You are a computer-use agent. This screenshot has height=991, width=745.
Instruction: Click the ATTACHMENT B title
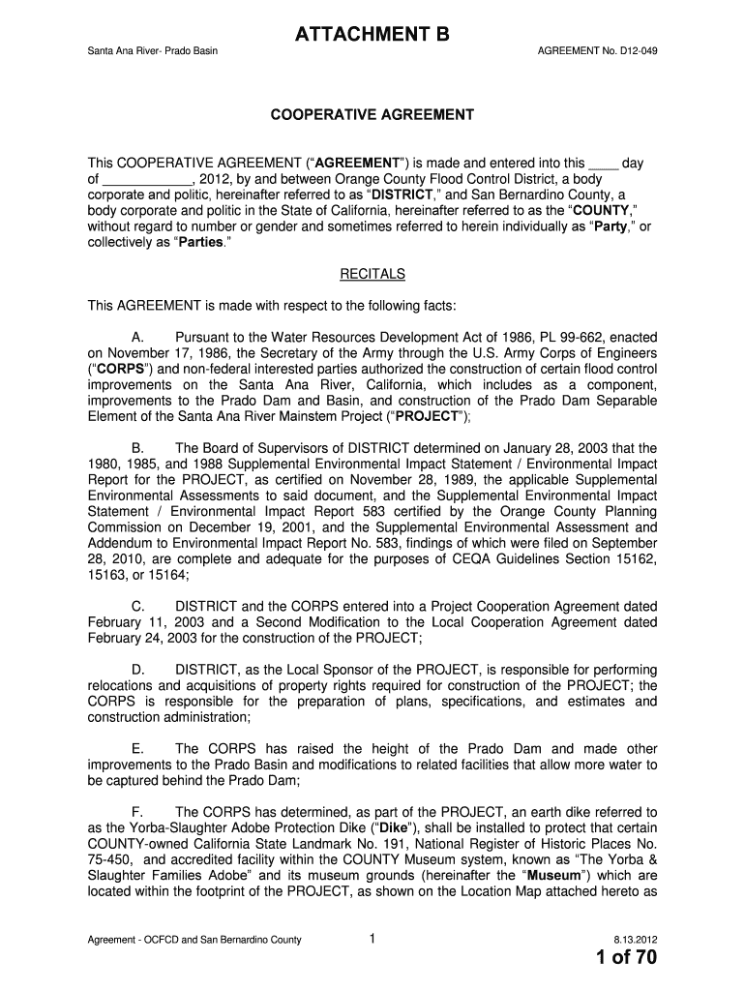click(x=372, y=37)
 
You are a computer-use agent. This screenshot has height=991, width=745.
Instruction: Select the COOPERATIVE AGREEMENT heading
click(x=372, y=115)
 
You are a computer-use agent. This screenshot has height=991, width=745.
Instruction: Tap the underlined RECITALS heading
click(x=372, y=274)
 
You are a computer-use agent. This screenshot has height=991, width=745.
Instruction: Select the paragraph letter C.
click(x=135, y=606)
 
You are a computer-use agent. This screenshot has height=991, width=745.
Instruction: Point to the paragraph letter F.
click(x=135, y=812)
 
